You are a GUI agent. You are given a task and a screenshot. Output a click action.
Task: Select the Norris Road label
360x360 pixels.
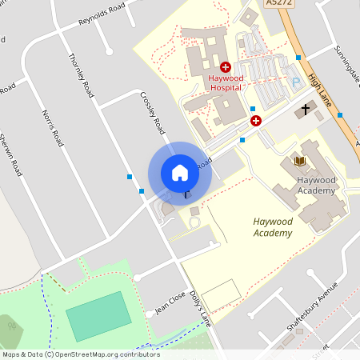[x=50, y=127]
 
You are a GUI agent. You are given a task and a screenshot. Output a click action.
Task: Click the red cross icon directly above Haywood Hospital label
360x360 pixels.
[x=226, y=68]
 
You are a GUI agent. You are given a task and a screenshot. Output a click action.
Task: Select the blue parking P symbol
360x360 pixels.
[x=295, y=82]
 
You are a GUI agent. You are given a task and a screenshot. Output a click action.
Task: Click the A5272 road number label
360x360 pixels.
[x=276, y=3]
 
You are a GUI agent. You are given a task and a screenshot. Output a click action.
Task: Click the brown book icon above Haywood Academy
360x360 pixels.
[x=300, y=161]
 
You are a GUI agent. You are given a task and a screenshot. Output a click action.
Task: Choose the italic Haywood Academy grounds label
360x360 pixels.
[x=271, y=227]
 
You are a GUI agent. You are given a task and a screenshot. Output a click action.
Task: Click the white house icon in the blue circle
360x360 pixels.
[x=180, y=173]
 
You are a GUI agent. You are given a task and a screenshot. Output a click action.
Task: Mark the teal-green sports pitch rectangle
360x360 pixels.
[x=98, y=315]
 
